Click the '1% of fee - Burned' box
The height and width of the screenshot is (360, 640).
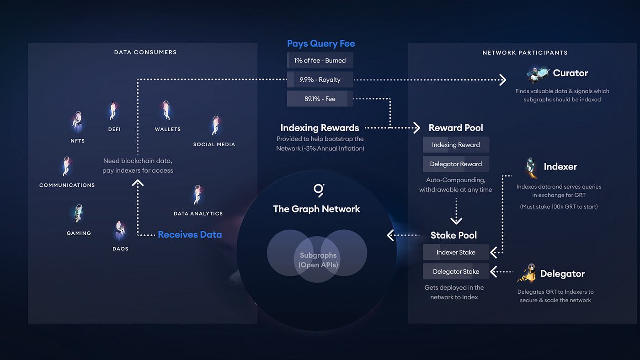coord(320,60)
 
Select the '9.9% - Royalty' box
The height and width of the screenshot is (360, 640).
coord(320,79)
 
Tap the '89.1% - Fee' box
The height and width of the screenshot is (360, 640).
coord(320,99)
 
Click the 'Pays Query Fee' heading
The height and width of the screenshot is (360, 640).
coord(321,43)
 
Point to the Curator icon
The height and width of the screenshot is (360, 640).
coord(538,73)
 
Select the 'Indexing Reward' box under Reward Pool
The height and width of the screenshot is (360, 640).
coord(456,145)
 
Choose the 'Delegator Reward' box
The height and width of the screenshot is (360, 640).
coord(456,164)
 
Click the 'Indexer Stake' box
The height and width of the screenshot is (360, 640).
coord(456,252)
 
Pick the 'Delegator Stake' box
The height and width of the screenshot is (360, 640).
coord(456,271)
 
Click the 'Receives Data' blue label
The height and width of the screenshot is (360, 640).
coord(190,234)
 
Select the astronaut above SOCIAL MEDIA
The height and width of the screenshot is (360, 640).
coord(215,125)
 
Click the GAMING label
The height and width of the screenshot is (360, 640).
coord(79,233)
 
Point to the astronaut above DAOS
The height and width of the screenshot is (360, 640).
coord(120,230)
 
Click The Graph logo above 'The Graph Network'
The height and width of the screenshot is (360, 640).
coord(318,190)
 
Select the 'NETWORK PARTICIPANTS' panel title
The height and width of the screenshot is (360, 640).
coord(525,53)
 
